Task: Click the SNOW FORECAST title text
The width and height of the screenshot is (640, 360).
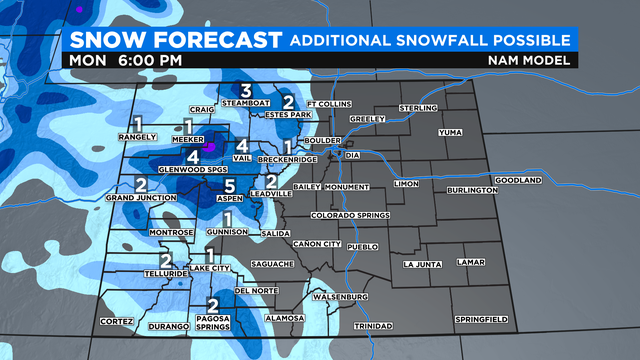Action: click(x=171, y=39)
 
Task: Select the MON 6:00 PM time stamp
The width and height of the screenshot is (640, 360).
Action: click(x=126, y=60)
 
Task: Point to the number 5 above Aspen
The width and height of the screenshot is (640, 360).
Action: click(x=229, y=187)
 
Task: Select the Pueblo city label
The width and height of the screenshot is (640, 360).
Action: click(x=364, y=245)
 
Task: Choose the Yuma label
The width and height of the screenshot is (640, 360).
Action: click(x=450, y=131)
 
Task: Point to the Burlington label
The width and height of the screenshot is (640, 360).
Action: click(x=473, y=190)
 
